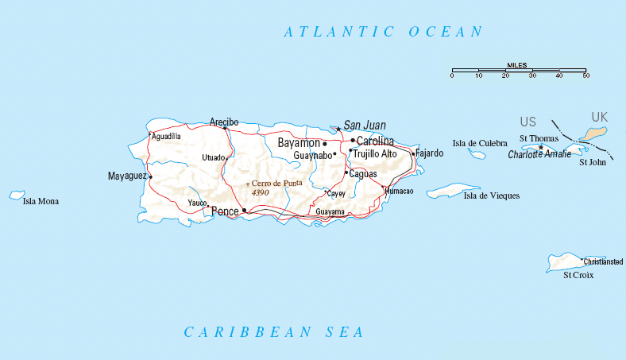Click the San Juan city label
click(365, 126)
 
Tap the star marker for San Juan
click(338, 129)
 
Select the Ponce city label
click(225, 211)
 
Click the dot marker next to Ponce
click(244, 211)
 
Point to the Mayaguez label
click(126, 176)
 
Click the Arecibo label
click(224, 122)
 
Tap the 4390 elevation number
click(261, 193)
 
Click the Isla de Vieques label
click(492, 195)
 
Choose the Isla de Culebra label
click(480, 143)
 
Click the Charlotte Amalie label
click(539, 154)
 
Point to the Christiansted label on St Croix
click(603, 261)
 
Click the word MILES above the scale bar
click(517, 65)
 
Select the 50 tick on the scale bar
click(585, 75)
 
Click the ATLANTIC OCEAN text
click(384, 32)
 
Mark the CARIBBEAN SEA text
click(274, 332)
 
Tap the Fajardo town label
click(430, 153)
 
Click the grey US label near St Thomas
click(527, 122)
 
